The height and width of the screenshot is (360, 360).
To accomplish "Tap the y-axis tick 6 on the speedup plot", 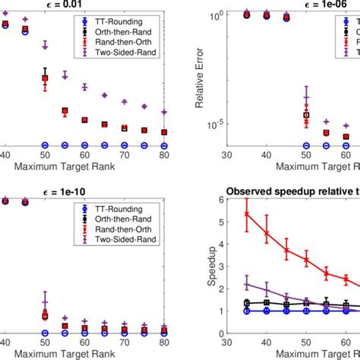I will pyautogui.click(x=221, y=200).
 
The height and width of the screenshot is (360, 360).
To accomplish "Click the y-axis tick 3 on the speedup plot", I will pyautogui.click(x=221, y=267).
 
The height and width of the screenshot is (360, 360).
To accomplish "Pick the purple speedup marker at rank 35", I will pyautogui.click(x=246, y=285).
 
